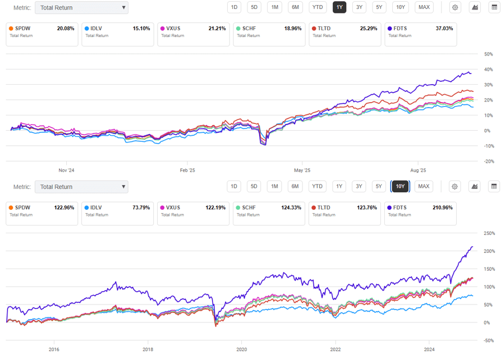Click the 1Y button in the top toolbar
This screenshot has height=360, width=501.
339,7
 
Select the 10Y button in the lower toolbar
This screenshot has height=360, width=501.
400,186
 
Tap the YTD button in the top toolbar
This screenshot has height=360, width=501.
318,7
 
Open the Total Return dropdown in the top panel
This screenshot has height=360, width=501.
81,8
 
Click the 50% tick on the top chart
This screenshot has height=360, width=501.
488,54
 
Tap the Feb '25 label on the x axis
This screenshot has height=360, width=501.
187,170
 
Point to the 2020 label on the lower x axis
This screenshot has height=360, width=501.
241,349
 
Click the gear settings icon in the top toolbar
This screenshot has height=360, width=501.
455,7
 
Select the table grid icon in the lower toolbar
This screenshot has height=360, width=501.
494,186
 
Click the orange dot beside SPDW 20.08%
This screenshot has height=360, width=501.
11,28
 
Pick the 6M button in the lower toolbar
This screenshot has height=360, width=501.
295,186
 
